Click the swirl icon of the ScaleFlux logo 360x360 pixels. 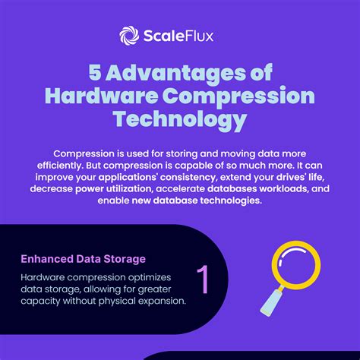129,36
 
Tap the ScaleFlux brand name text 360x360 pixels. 178,36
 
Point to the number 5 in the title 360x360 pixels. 95,73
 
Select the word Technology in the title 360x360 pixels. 180,119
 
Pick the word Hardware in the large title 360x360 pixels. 101,96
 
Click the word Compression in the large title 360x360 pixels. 238,97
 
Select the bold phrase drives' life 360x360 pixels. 300,177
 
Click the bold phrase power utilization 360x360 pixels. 114,189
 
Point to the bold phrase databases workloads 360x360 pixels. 258,188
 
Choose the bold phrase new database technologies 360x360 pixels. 197,201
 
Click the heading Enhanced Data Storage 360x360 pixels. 84,259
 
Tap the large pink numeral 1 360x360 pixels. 203,279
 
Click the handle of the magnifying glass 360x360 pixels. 272,301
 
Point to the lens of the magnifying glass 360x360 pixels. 296,265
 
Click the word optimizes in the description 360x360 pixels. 150,278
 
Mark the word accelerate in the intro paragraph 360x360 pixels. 181,189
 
